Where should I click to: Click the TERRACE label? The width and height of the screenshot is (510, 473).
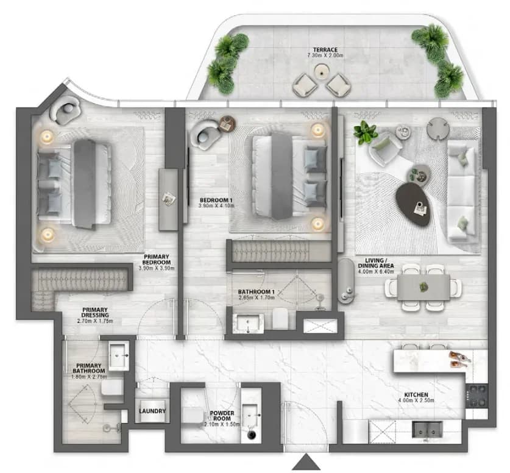tap(325, 50)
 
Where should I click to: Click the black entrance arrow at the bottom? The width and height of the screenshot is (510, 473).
tap(306, 462)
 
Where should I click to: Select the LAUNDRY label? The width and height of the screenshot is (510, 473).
tap(152, 411)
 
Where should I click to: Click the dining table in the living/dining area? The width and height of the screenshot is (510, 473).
tap(423, 287)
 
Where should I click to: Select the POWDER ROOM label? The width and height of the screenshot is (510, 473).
tap(222, 416)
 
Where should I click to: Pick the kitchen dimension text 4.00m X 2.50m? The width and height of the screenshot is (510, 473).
tap(416, 400)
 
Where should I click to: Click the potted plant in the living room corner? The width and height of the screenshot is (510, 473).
tap(365, 132)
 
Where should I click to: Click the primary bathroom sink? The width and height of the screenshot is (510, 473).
tap(119, 356)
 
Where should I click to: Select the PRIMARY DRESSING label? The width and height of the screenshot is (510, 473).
tap(95, 312)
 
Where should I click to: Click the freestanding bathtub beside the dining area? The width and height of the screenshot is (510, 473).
tap(345, 282)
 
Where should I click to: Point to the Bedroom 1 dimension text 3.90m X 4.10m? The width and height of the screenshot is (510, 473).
tap(216, 205)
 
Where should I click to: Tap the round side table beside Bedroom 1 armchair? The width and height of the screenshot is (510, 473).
tap(227, 124)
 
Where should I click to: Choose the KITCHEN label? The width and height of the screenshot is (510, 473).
tap(416, 394)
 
